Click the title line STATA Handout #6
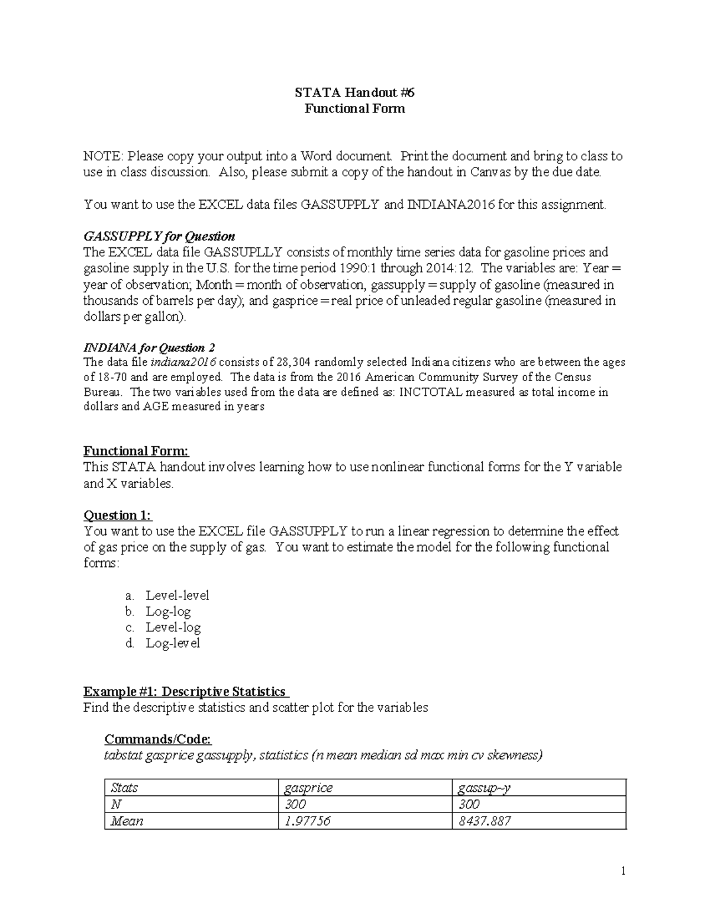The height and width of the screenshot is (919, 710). pos(354,92)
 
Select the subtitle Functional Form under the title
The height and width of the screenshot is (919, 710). pos(354,108)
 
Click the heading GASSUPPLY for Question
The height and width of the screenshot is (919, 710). pos(159,237)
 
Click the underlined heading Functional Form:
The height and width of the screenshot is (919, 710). pos(136,451)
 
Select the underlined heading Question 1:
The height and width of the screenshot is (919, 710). pos(118,515)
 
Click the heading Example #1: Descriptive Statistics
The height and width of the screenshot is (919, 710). pos(185,692)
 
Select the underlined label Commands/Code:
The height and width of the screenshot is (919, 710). pos(157,739)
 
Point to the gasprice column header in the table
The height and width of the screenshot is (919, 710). pos(308,788)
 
